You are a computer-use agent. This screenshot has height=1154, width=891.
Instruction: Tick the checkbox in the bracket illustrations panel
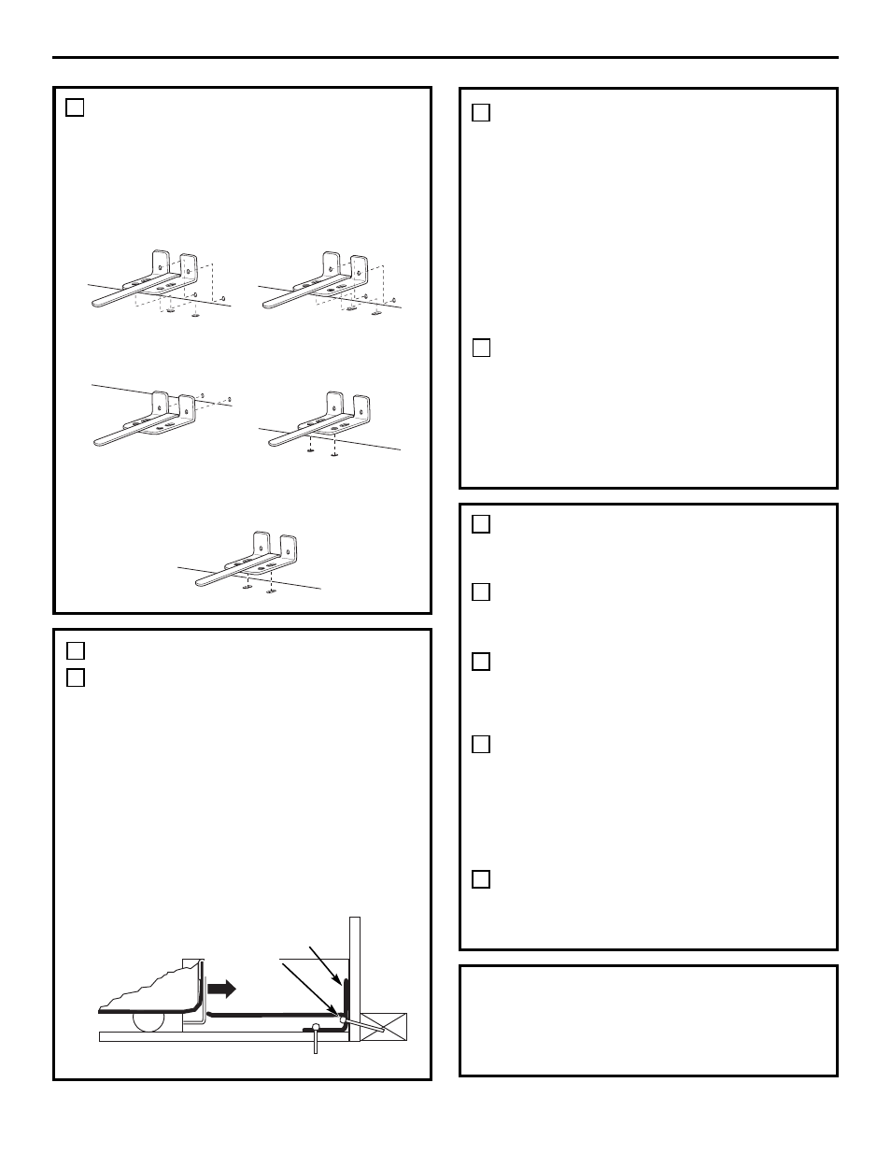click(76, 107)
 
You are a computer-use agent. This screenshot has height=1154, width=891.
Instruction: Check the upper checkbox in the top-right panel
click(481, 113)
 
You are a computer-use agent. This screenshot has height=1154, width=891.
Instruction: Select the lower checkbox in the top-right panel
click(481, 348)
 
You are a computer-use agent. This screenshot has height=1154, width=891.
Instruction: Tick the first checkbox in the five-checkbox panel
click(481, 524)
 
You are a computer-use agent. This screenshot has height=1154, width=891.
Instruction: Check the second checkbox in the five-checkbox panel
click(481, 592)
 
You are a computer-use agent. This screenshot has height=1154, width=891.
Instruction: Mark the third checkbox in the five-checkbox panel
click(481, 662)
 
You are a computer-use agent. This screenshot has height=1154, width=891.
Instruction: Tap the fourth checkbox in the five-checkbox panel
click(481, 744)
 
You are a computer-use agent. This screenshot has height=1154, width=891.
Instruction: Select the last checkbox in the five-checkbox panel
click(481, 879)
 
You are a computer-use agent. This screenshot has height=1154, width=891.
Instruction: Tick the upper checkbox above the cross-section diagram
click(76, 649)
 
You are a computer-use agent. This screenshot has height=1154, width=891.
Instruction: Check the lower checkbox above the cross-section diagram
click(76, 677)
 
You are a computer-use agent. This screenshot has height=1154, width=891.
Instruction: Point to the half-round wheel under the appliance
click(149, 1022)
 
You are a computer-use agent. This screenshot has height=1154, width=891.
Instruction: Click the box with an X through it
click(384, 1025)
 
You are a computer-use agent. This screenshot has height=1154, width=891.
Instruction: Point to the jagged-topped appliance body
click(149, 990)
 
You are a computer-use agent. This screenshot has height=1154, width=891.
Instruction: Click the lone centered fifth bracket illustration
click(250, 562)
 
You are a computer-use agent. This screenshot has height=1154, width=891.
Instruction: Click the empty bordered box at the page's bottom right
click(648, 1020)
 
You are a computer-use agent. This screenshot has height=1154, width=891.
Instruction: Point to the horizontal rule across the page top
click(445, 58)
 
